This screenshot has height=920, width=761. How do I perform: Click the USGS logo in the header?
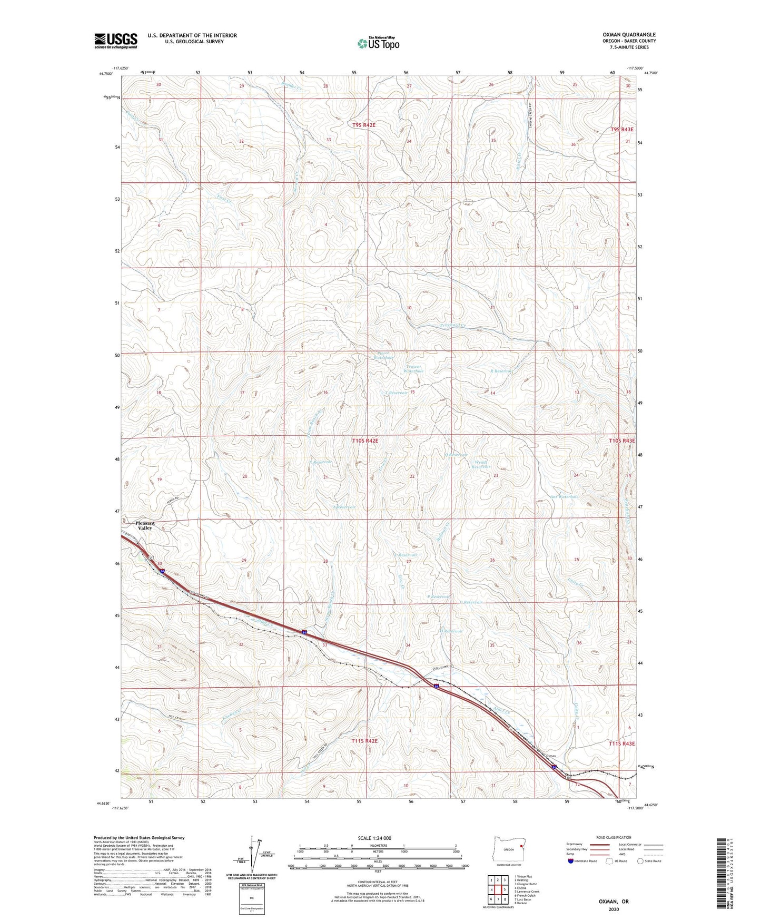pos(116,41)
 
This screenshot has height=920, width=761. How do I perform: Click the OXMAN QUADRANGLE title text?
pos(629,35)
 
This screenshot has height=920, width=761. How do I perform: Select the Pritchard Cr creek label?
pos(452,325)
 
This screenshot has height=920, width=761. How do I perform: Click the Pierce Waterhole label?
pos(383,356)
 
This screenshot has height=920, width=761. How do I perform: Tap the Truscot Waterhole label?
pos(413,368)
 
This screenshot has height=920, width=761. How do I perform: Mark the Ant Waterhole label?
pos(564,496)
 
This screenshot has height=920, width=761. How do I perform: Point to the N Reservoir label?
pos(321,462)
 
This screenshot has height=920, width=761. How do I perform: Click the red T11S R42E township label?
pos(364,741)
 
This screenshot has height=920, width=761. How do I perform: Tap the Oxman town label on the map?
pos(551,756)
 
